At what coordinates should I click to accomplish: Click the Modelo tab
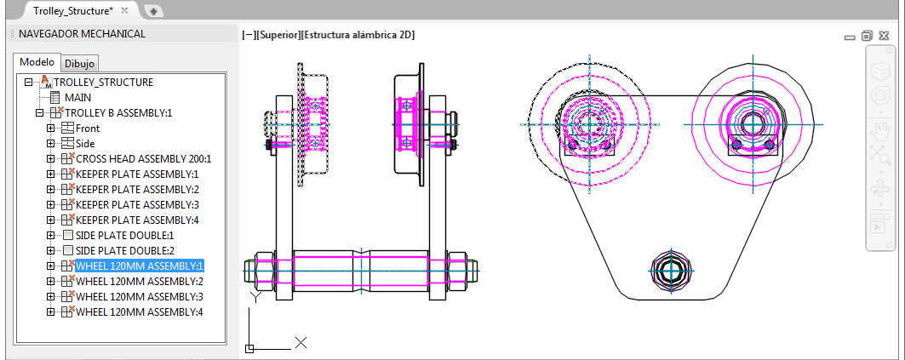pyautogui.click(x=37, y=62)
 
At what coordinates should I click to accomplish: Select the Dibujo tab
pyautogui.click(x=81, y=64)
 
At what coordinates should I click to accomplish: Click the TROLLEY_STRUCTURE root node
pyautogui.click(x=103, y=83)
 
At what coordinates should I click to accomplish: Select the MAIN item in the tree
pyautogui.click(x=78, y=98)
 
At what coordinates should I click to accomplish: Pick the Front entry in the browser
pyautogui.click(x=87, y=129)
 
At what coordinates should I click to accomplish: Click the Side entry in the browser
pyautogui.click(x=85, y=144)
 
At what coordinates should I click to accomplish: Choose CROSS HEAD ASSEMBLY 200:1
pyautogui.click(x=143, y=159)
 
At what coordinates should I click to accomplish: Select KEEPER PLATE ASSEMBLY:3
pyautogui.click(x=137, y=205)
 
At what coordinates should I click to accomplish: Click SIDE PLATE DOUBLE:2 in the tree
pyautogui.click(x=124, y=251)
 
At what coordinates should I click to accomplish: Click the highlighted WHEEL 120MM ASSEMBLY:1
pyautogui.click(x=140, y=266)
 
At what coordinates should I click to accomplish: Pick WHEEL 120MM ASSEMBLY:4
pyautogui.click(x=140, y=312)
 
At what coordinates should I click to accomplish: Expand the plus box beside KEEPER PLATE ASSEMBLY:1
pyautogui.click(x=50, y=174)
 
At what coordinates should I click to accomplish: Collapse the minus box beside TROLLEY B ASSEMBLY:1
pyautogui.click(x=38, y=113)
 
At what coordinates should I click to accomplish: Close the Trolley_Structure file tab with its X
pyautogui.click(x=124, y=10)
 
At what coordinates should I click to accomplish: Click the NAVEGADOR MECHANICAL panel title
pyautogui.click(x=82, y=34)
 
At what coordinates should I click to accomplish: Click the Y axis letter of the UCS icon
pyautogui.click(x=254, y=297)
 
